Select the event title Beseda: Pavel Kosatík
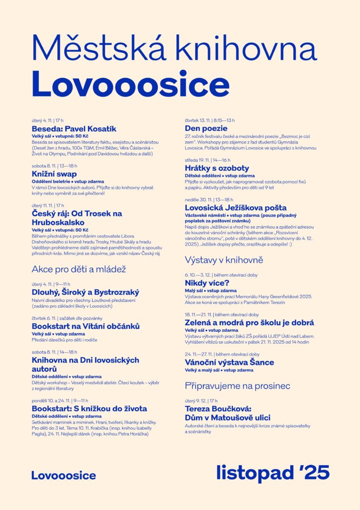[74, 128]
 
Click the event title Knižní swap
[54, 174]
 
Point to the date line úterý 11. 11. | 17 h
[48, 205]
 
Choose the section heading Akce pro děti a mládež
[79, 269]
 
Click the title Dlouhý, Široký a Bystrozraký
[85, 292]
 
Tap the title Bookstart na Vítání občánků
[86, 326]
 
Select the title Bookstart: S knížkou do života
[89, 408]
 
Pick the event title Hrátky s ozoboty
[217, 168]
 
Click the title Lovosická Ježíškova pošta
[236, 207]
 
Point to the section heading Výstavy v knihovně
[224, 260]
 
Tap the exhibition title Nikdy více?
[207, 283]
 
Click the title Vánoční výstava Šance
[229, 362]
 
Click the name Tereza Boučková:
[217, 409]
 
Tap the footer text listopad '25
[272, 473]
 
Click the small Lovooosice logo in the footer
[64, 476]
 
